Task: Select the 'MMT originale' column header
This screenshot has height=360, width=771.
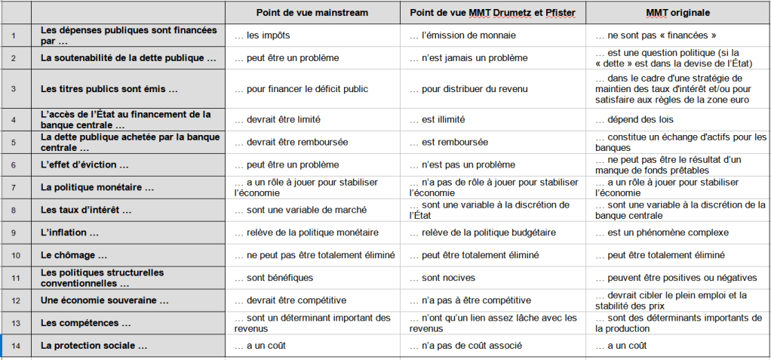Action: [677, 13]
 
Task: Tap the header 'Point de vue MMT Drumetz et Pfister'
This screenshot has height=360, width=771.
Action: [496, 13]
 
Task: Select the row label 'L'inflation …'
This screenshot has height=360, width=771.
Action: [70, 232]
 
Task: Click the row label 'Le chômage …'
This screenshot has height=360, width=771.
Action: [75, 255]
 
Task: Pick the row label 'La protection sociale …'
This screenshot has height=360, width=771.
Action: [94, 346]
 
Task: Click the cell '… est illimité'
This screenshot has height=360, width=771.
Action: [438, 119]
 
